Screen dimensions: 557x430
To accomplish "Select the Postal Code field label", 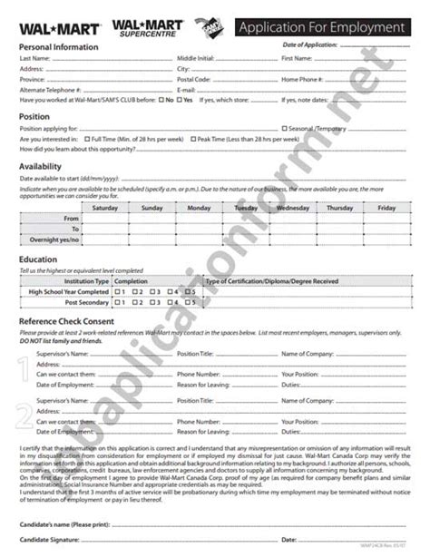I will pos(194,79).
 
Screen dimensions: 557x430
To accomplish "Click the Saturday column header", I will pos(105,208).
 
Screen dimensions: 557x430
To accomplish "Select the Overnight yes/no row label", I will pos(52,240).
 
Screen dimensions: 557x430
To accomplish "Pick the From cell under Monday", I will pos(199,219).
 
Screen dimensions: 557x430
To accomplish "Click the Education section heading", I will pos(38,259).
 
